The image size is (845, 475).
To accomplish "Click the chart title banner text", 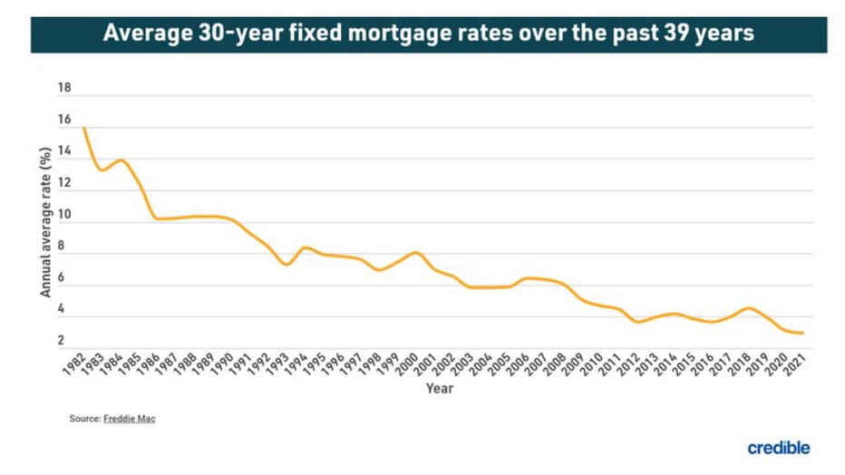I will pos(422,34).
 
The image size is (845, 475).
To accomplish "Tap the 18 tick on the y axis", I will pos(63,89).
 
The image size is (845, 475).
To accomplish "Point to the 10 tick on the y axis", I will pos(63,216).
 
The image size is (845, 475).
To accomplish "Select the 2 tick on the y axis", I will pos(63,341).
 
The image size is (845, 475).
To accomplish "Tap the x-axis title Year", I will pos(439,389).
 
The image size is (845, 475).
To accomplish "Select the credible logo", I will pos(778,448).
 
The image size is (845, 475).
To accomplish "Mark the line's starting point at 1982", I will pos(84,128).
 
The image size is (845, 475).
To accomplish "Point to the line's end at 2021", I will pos(802,333).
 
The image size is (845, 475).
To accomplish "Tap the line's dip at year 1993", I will pos(287,264).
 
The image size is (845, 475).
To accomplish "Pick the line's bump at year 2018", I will pos(746,308).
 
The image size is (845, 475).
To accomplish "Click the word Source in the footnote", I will pos(84,419).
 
